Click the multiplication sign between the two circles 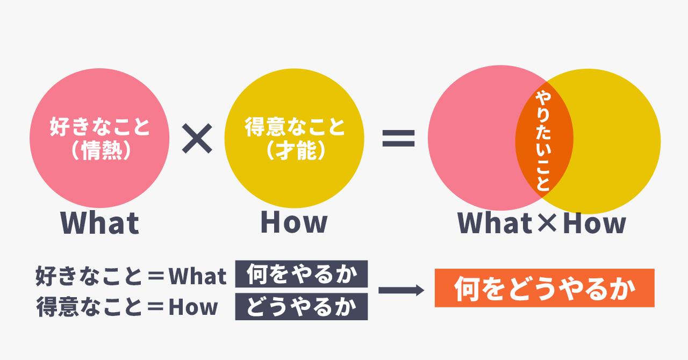tap(197, 138)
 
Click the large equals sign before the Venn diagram tap(398, 138)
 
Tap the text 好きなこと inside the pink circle tap(99, 126)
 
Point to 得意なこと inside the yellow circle tap(295, 126)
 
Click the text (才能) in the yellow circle tap(296, 150)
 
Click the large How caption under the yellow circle tap(294, 222)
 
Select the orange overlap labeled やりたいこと tap(544, 140)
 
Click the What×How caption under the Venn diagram tap(542, 222)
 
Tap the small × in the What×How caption tap(547, 222)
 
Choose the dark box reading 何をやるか tap(302, 274)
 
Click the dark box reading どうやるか tap(302, 307)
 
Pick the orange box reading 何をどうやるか tap(544, 288)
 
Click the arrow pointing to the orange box tap(401, 290)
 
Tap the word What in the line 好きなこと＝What tap(197, 276)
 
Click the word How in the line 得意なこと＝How tap(193, 307)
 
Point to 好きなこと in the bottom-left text tap(89, 276)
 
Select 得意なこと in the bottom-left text tap(89, 307)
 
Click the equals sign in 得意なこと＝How tap(156, 307)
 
